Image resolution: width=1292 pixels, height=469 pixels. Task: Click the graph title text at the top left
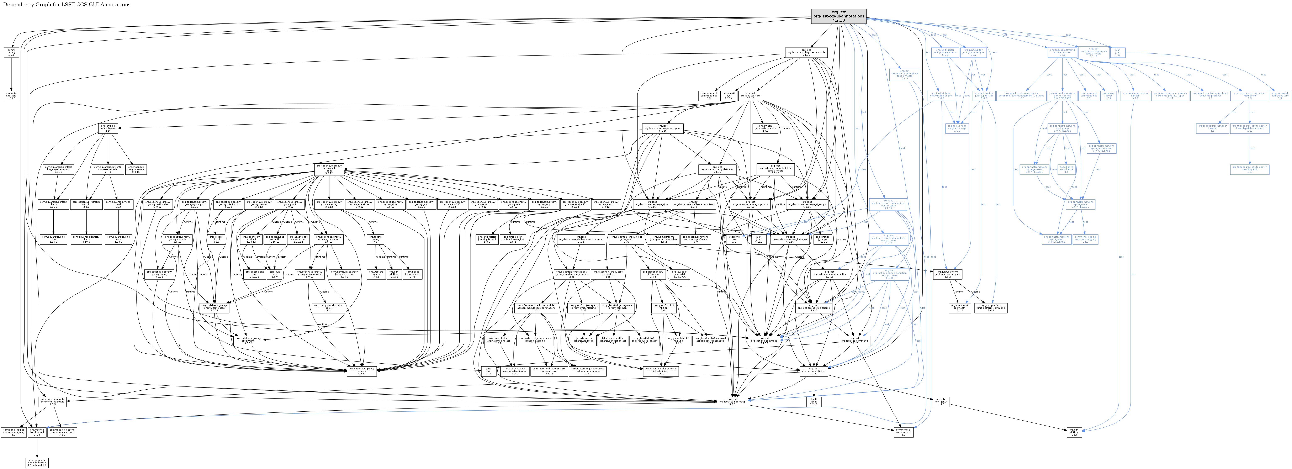(67, 5)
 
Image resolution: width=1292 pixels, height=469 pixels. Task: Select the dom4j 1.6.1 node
(11, 52)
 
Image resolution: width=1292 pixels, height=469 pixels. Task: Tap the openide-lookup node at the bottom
(37, 463)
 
